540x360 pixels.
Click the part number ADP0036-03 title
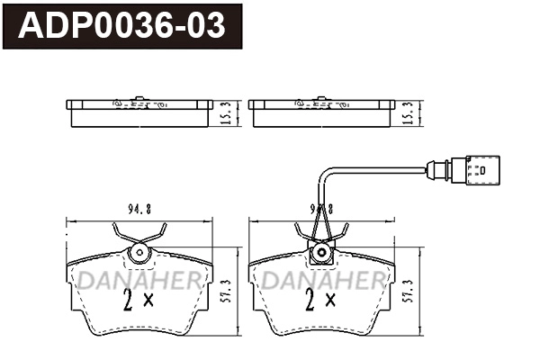122,26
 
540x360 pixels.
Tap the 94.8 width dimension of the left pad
138,209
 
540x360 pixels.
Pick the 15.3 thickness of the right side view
409,113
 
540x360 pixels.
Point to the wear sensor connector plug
476,168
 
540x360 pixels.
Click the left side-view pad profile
139,113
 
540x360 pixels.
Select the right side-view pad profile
320,113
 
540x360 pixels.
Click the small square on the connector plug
483,168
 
